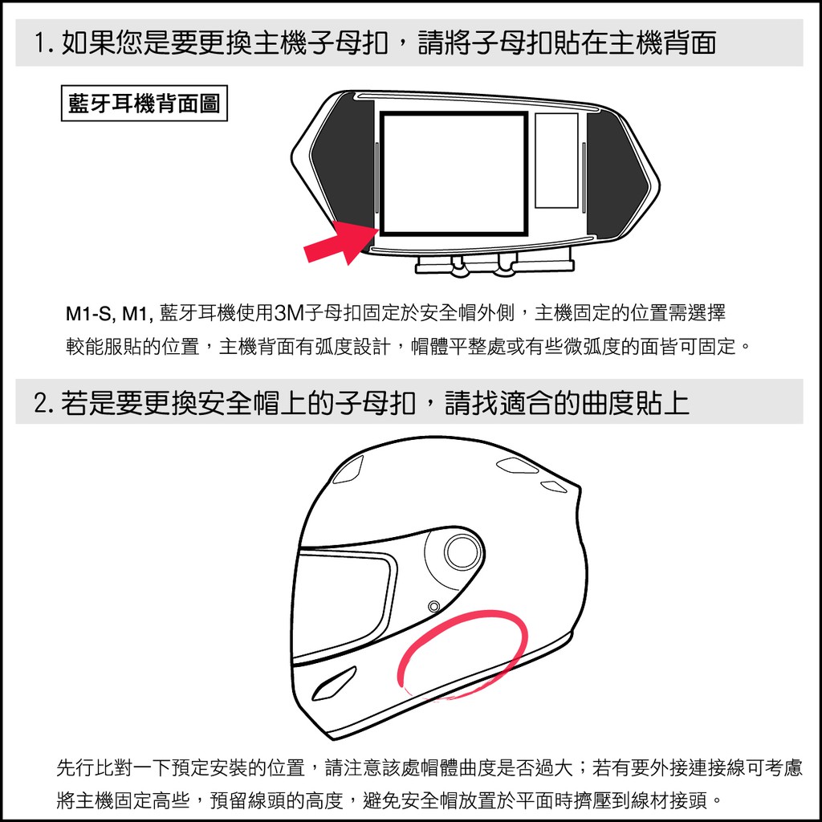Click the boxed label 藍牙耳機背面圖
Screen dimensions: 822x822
click(x=144, y=104)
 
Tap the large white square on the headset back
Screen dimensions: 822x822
click(x=454, y=173)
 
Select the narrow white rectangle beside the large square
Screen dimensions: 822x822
click(x=556, y=161)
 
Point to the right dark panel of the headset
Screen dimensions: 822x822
click(x=616, y=174)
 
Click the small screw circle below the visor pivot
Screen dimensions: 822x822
click(x=434, y=607)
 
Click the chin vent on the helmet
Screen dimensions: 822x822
click(x=334, y=683)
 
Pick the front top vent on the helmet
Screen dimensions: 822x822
click(x=348, y=469)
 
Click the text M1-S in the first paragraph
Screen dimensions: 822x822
click(x=88, y=314)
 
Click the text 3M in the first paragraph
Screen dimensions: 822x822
click(x=289, y=313)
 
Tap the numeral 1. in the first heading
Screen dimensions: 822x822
click(x=44, y=43)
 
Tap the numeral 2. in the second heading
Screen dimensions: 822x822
click(x=45, y=403)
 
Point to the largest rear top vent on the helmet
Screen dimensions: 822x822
click(x=516, y=465)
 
